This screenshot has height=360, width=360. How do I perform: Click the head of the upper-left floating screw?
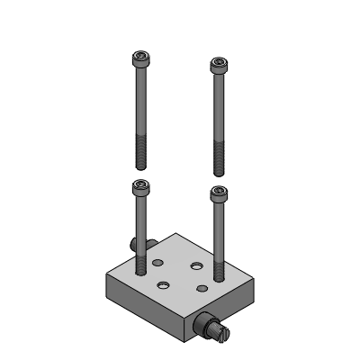[x=139, y=59]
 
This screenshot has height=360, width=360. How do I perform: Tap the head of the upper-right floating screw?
[x=218, y=66]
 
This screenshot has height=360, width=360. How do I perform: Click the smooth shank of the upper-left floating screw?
[x=140, y=103]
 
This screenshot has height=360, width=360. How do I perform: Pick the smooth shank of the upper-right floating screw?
[x=218, y=108]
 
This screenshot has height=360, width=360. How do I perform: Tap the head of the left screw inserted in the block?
[x=139, y=186]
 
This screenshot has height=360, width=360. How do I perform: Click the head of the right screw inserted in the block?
[x=218, y=193]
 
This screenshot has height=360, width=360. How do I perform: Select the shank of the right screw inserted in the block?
[x=218, y=234]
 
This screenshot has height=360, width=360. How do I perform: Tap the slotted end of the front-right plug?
[x=222, y=336]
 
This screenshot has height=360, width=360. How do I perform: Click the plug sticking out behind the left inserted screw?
[x=132, y=244]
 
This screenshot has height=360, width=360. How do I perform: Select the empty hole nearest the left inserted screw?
[x=158, y=263]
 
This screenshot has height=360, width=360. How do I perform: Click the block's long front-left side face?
[x=144, y=306]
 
